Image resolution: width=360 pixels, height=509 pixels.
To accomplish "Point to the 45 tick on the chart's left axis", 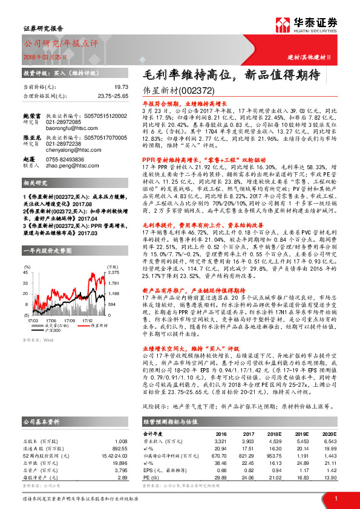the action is [x=27, y=273].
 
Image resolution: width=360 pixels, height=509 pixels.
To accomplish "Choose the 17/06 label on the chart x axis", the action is [x=51, y=320].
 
